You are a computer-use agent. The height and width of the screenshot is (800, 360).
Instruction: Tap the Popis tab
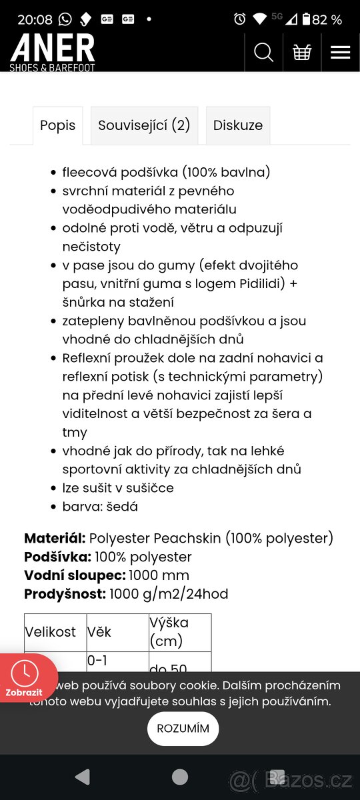pyautogui.click(x=58, y=125)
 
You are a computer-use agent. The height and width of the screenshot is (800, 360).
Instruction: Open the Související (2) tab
pyautogui.click(x=144, y=125)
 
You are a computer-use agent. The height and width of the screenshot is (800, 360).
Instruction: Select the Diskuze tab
pyautogui.click(x=238, y=125)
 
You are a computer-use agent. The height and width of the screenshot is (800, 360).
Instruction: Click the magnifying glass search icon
pyautogui.click(x=264, y=52)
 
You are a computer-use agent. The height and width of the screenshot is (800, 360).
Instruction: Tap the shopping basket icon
pyautogui.click(x=302, y=52)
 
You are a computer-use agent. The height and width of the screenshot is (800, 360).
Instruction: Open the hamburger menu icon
pyautogui.click(x=340, y=52)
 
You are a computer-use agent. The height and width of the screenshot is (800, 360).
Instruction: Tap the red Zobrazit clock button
pyautogui.click(x=25, y=678)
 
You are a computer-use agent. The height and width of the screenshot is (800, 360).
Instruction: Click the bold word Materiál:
pyautogui.click(x=55, y=538)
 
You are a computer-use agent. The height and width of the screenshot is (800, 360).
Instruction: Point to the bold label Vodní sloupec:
pyautogui.click(x=75, y=575)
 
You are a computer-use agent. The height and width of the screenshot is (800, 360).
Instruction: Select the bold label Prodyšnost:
pyautogui.click(x=65, y=594)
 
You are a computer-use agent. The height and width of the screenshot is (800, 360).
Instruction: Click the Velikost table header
pyautogui.click(x=51, y=632)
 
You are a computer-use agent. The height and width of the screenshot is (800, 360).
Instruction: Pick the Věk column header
pyautogui.click(x=99, y=632)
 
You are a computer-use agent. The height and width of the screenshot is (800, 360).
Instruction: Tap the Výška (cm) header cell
pyautogui.click(x=169, y=631)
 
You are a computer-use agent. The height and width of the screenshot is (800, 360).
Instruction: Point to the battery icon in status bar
pyautogui.click(x=306, y=19)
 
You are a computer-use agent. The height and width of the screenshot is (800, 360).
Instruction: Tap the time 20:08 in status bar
pyautogui.click(x=35, y=19)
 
